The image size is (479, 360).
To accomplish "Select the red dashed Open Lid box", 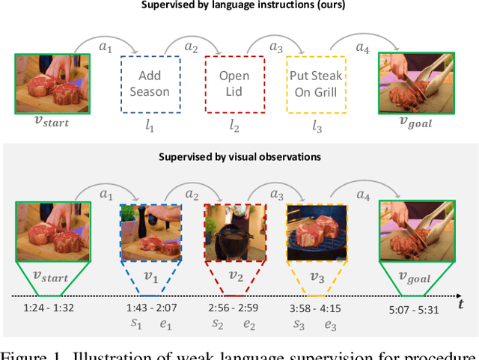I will coord(234,83).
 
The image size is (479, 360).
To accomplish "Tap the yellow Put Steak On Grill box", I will coord(316,83).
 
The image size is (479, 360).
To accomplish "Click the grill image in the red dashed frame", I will coord(234,233).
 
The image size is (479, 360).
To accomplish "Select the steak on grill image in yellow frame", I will coord(316,233).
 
